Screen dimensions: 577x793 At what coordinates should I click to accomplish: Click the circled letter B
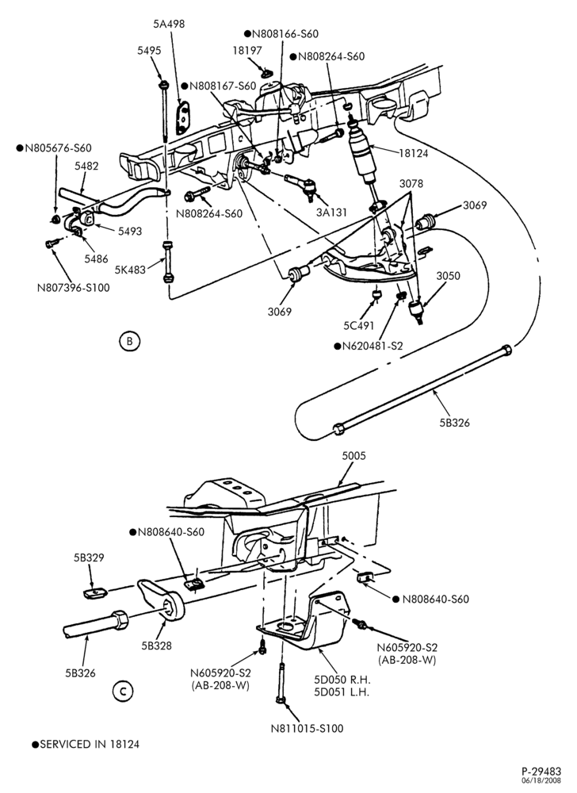[129, 341]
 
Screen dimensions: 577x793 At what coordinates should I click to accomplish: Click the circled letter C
[122, 691]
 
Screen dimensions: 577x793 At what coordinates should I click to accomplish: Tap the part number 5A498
[170, 24]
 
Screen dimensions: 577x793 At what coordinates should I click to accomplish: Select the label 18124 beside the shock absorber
[413, 153]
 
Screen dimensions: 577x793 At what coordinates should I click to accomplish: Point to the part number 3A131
[331, 213]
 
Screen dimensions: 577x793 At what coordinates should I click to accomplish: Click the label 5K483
[130, 270]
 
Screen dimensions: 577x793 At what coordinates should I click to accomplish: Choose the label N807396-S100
[73, 288]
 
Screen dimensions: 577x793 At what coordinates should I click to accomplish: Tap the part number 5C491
[358, 326]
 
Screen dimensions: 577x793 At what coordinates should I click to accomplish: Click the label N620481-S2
[373, 347]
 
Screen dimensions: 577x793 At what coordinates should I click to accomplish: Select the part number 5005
[353, 456]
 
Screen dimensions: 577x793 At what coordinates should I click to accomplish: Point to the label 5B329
[89, 557]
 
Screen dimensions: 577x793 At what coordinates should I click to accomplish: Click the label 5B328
[156, 646]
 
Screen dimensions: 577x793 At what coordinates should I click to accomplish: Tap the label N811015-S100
[308, 729]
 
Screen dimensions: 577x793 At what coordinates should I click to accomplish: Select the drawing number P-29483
[541, 772]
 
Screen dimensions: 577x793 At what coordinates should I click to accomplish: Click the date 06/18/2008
[545, 780]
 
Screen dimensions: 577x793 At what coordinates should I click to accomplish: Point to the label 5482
[86, 166]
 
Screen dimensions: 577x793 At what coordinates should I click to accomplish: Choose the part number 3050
[448, 276]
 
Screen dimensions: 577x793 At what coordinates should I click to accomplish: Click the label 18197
[247, 51]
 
